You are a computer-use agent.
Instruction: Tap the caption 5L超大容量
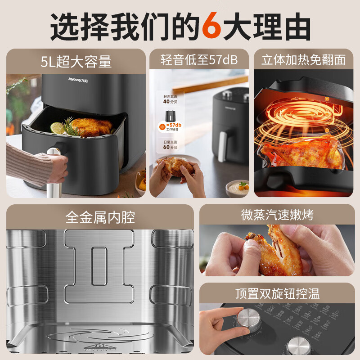coord(76,61)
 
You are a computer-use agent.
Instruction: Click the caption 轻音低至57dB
coord(199,60)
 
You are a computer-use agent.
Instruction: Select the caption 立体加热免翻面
coord(304,60)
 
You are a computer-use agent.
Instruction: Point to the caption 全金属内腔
coord(100,217)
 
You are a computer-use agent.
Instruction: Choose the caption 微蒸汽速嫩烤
coord(277,214)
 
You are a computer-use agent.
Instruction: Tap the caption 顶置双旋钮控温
coord(277,294)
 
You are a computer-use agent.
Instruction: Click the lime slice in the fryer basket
coord(58,128)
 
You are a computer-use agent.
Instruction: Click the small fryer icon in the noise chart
coord(169,115)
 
